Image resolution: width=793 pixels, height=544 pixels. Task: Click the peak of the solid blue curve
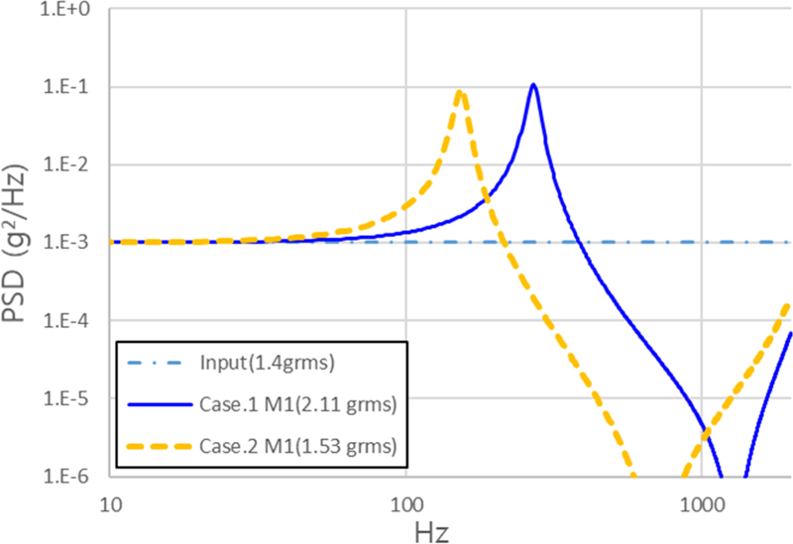(x=533, y=85)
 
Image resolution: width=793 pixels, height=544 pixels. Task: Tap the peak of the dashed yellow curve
(x=460, y=92)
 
